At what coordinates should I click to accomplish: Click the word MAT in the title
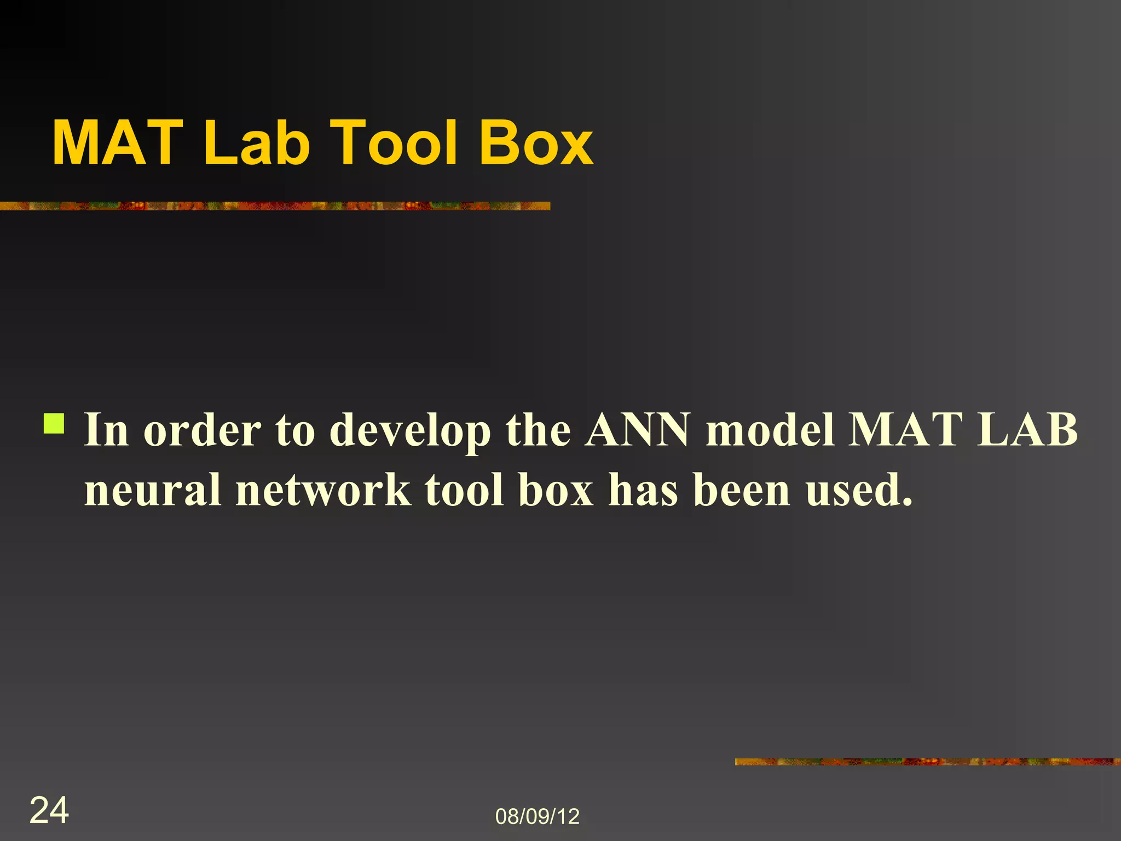click(x=117, y=143)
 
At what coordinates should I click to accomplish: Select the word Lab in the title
click(x=257, y=143)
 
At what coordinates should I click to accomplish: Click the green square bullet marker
click(x=54, y=423)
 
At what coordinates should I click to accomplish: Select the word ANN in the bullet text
click(x=637, y=430)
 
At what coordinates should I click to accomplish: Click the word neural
click(x=153, y=489)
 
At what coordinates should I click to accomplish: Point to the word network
click(x=323, y=489)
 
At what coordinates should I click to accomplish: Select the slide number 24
click(x=49, y=810)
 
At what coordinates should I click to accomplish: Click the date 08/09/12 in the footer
click(x=537, y=816)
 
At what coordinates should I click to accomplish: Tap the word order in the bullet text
click(x=202, y=430)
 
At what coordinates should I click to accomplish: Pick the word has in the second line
click(x=643, y=489)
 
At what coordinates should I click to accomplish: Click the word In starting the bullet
click(x=106, y=430)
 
